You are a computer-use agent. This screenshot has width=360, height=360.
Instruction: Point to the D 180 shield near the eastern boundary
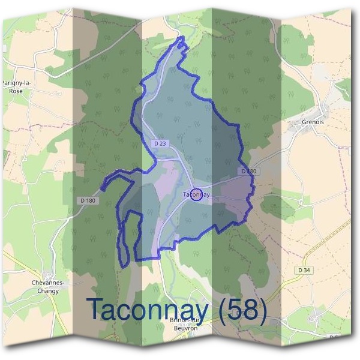pos(249,171)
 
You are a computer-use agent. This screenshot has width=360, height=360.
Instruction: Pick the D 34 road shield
pos(304,270)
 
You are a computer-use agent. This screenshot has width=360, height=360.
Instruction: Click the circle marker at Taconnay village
pos(196,194)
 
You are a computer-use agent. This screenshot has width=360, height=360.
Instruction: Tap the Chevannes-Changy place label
pos(48,285)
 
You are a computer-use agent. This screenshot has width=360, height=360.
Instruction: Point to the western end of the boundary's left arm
pos(103,187)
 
